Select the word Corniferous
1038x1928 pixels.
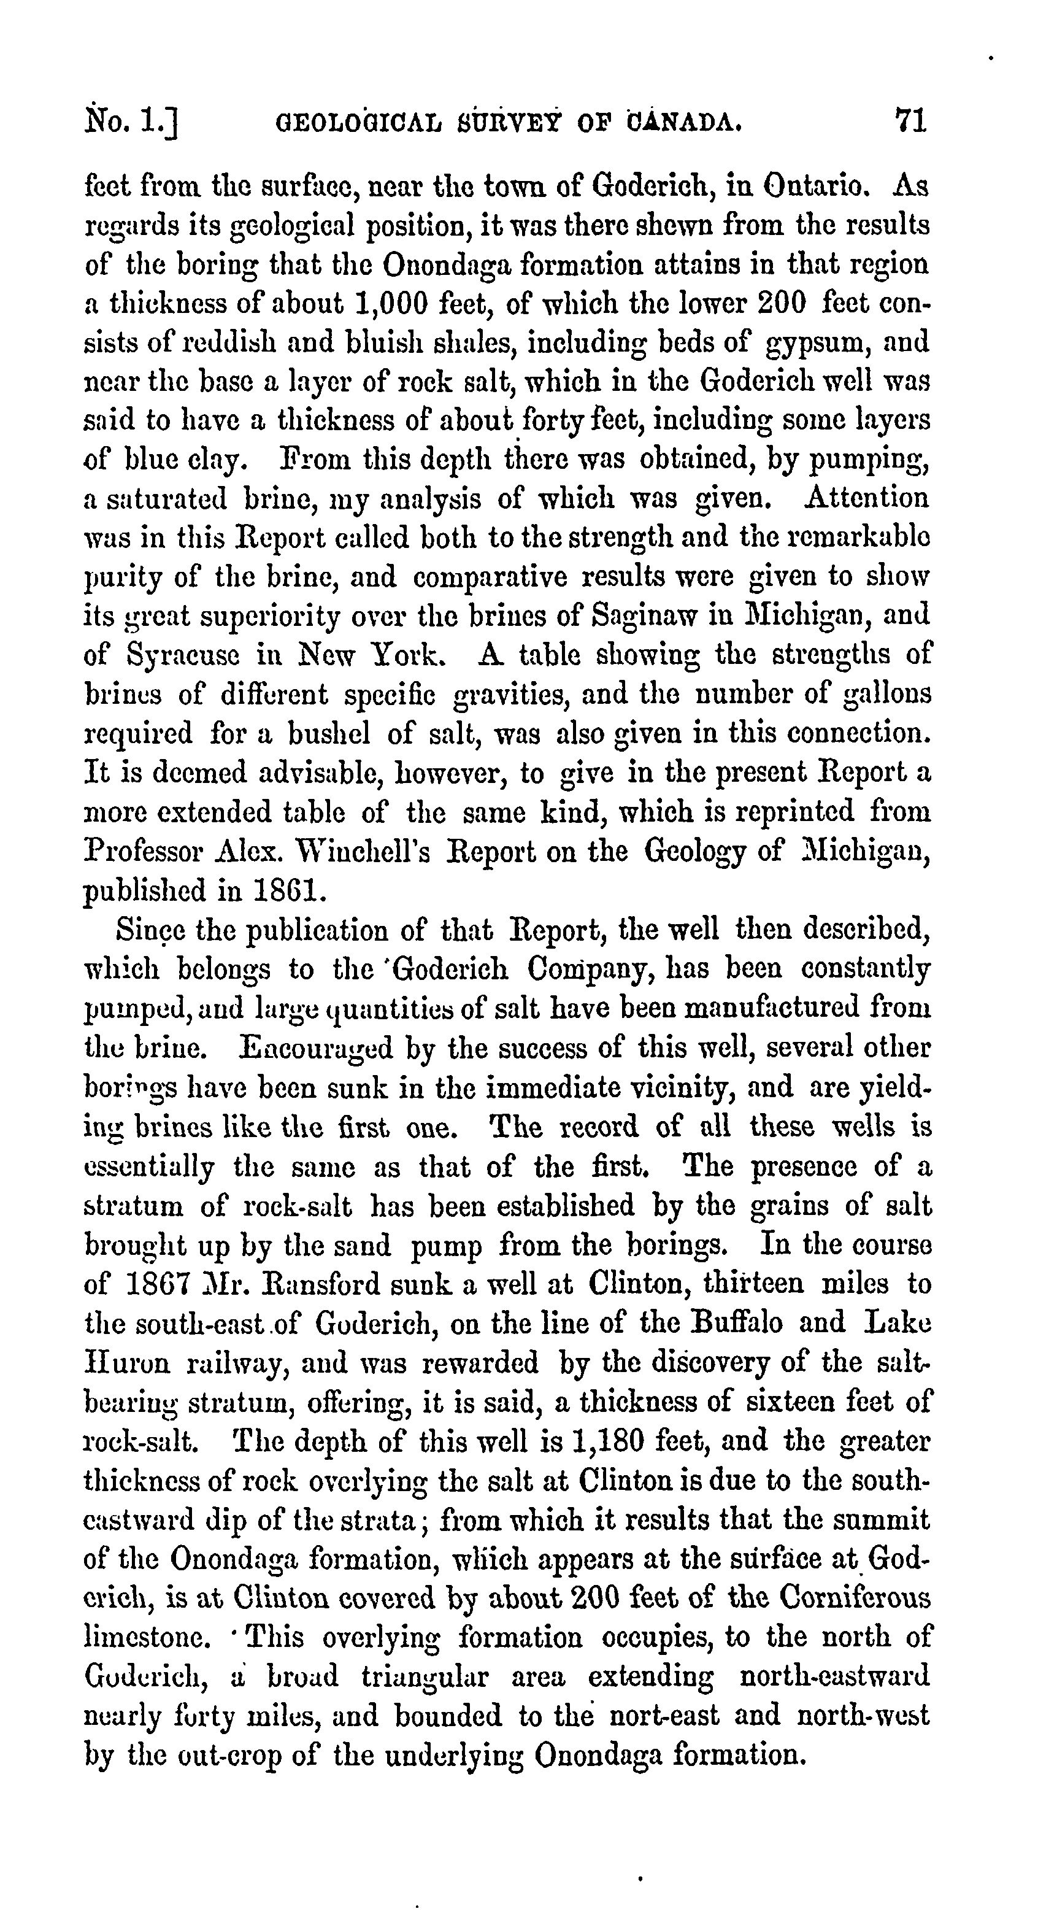855,1598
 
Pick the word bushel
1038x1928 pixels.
329,733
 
